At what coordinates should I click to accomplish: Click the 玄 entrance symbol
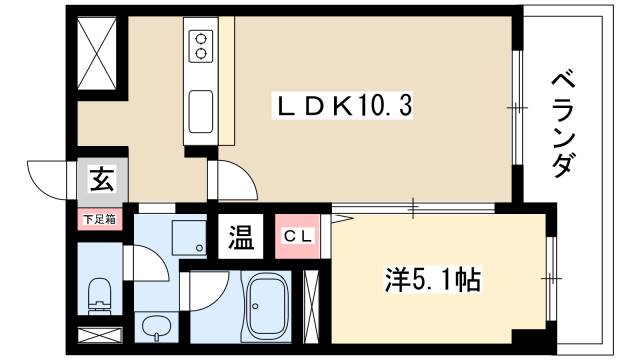coord(101,182)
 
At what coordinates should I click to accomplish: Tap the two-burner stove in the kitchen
coord(200,45)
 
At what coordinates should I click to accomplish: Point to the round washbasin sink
coord(154,326)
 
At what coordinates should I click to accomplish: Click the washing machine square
coord(187,236)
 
